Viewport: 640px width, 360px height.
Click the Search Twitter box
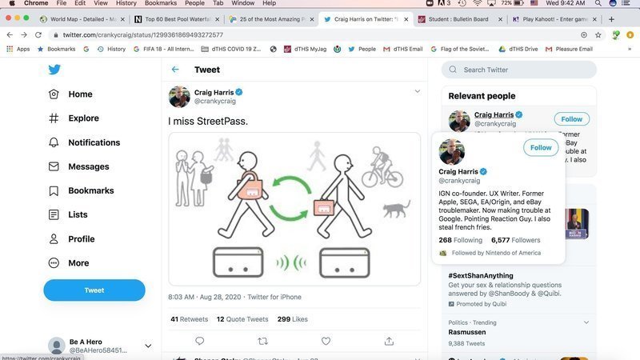520,70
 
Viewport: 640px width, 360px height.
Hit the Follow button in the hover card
541,147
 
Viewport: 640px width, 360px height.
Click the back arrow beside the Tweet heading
175,70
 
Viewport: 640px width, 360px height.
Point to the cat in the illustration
396,210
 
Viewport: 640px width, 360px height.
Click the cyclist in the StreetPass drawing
382,168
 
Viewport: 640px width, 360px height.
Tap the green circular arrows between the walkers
289,197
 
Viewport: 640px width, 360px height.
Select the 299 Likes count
292,319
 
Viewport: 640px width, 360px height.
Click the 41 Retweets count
189,319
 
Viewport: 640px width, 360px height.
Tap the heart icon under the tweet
326,341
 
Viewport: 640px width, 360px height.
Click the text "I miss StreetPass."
208,122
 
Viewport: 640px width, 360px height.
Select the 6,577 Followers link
515,240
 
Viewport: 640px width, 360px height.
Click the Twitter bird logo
54,70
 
